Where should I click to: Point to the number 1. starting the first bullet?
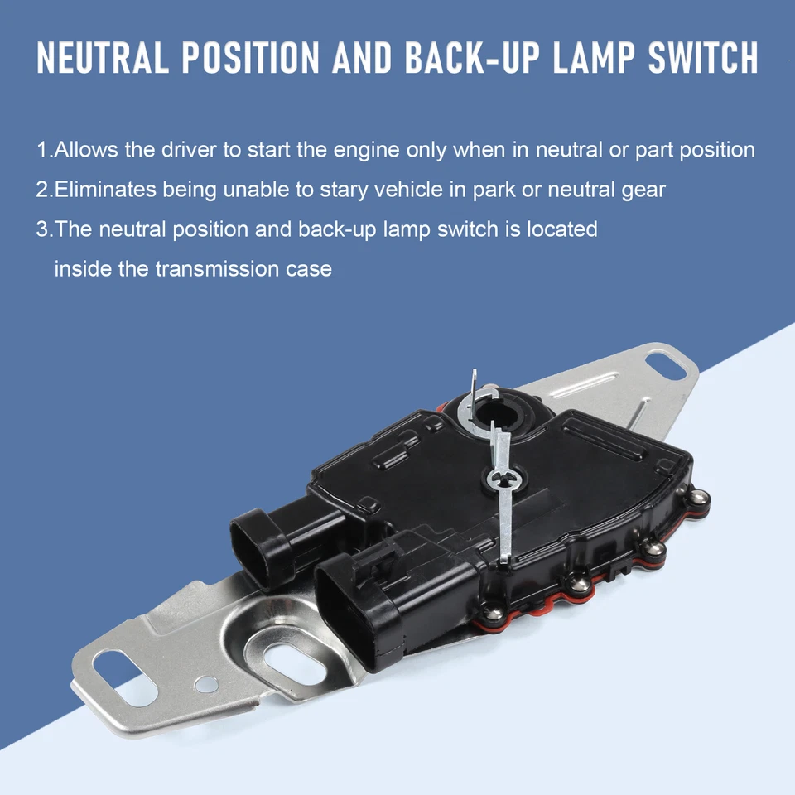pos(44,151)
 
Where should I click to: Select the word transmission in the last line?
pos(218,268)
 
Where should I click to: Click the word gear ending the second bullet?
pos(643,190)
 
